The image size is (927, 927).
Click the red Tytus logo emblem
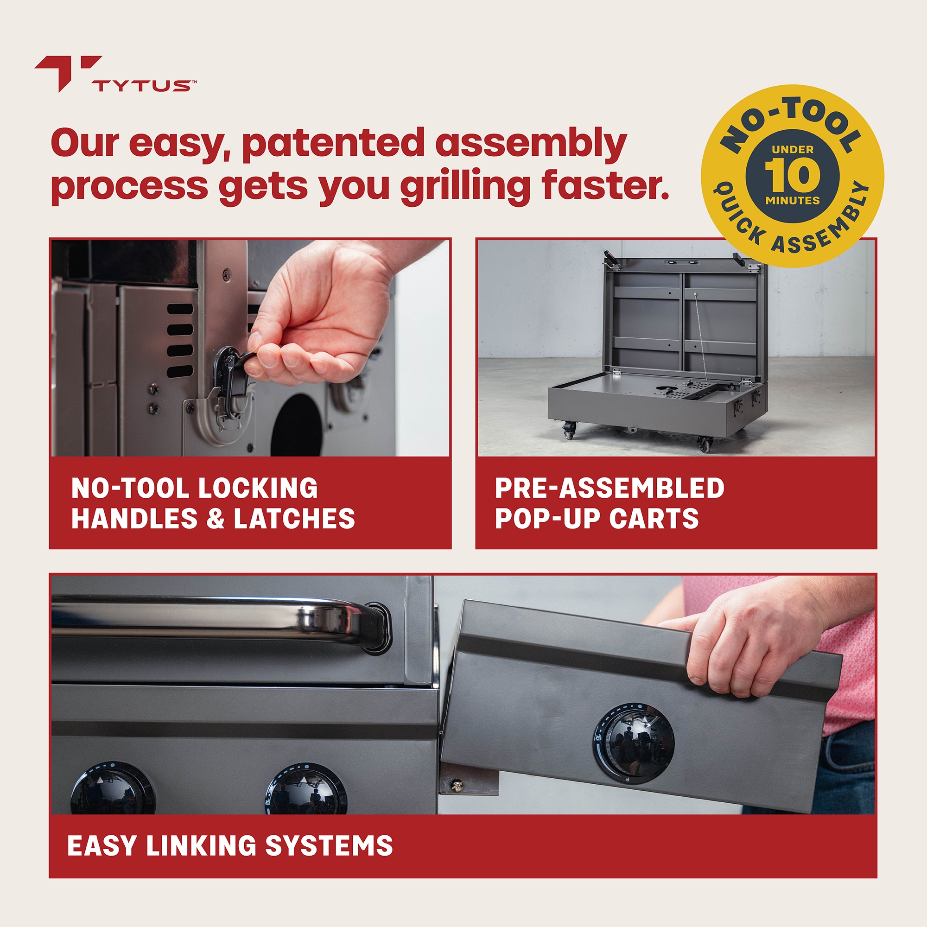pyautogui.click(x=67, y=72)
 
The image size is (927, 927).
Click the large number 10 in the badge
pyautogui.click(x=792, y=175)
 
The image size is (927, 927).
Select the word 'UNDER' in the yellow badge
pyautogui.click(x=792, y=150)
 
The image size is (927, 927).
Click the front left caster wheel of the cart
pyautogui.click(x=570, y=430)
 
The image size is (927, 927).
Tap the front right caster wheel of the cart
pyautogui.click(x=705, y=444)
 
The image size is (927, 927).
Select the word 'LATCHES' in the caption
pyautogui.click(x=294, y=519)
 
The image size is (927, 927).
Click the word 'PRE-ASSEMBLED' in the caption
pyautogui.click(x=609, y=488)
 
